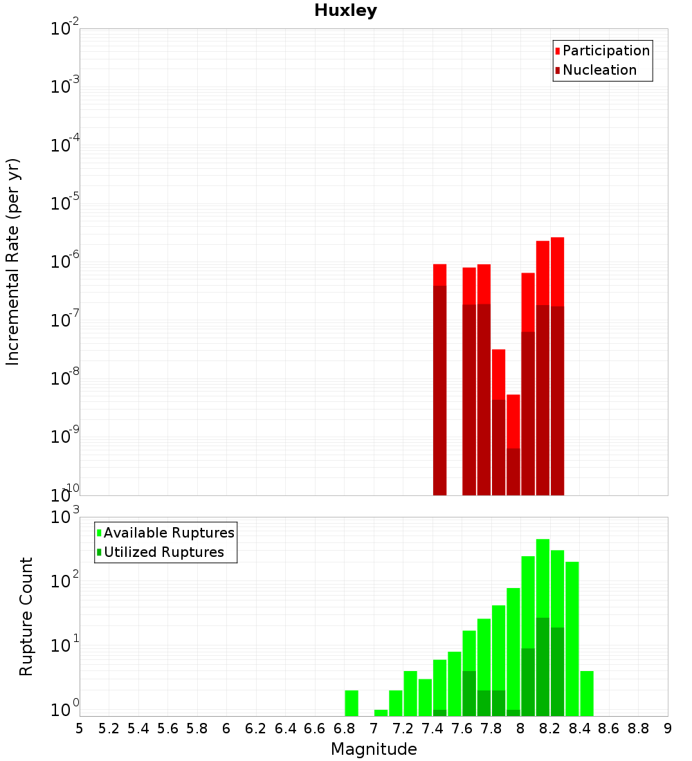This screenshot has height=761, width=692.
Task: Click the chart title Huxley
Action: (345, 10)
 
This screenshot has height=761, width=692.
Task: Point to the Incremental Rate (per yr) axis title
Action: (12, 262)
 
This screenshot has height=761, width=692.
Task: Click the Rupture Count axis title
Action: (26, 616)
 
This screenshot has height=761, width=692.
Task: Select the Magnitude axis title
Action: (374, 749)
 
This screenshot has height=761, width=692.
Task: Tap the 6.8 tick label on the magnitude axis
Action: (344, 728)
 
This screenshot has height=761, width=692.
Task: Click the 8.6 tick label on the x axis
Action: (609, 728)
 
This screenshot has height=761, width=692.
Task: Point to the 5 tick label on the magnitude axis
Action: (80, 728)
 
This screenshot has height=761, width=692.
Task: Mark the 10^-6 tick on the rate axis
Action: (64, 262)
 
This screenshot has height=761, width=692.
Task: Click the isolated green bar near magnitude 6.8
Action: (352, 703)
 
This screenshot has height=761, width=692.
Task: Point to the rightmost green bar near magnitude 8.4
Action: (587, 693)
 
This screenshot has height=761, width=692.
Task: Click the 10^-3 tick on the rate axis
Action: (64, 86)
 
